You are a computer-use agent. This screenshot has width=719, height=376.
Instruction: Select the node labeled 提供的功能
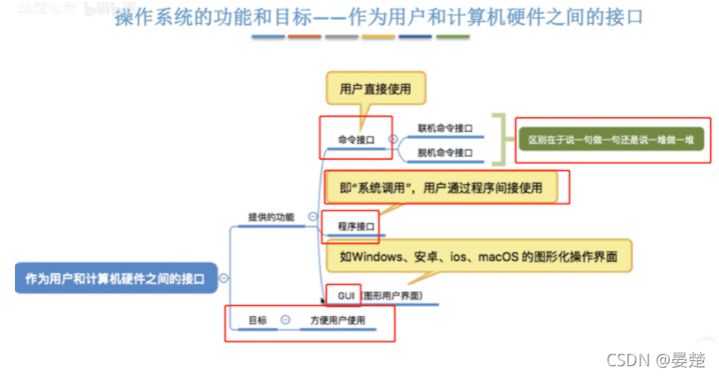(271, 217)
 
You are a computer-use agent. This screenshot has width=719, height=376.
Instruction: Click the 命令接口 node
(356, 139)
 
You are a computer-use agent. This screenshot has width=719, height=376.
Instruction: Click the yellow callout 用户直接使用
(375, 88)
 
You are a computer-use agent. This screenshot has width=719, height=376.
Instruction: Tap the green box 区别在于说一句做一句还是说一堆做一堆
(612, 140)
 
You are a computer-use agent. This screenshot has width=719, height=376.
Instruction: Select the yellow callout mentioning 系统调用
(441, 187)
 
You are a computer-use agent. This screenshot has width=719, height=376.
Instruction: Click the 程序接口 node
(356, 226)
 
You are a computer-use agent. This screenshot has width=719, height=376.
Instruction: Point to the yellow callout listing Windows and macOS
(478, 257)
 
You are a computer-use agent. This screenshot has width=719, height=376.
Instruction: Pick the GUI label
(344, 294)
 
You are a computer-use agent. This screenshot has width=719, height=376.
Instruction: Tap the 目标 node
(257, 320)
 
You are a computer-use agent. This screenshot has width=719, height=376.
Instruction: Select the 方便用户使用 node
(337, 320)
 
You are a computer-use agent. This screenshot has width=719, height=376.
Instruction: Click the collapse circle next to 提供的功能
(313, 217)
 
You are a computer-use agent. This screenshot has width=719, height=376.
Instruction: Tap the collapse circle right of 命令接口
(392, 139)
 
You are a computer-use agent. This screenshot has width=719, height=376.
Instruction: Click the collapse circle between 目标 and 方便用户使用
(285, 320)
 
